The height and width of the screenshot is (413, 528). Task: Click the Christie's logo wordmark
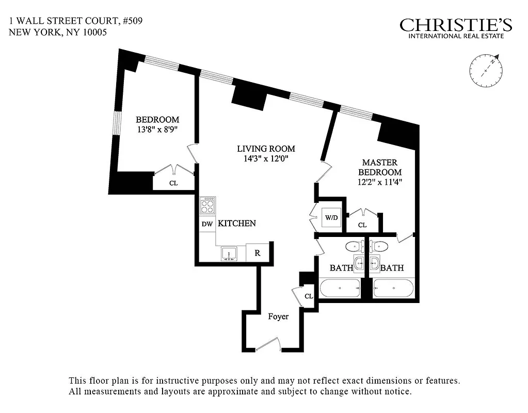click(x=456, y=25)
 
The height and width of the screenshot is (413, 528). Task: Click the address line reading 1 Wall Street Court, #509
click(x=75, y=21)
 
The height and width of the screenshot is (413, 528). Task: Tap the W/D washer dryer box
click(x=331, y=217)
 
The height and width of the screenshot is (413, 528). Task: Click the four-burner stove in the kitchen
click(x=208, y=206)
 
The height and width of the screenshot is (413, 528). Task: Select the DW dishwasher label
click(x=207, y=224)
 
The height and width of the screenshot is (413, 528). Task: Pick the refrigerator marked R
click(x=257, y=253)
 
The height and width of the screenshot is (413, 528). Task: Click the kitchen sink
click(x=229, y=253)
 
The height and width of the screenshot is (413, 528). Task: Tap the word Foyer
click(x=278, y=316)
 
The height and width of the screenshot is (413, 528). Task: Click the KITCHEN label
click(x=236, y=224)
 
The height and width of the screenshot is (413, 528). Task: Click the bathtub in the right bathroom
click(x=394, y=288)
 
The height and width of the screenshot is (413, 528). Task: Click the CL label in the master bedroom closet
click(x=362, y=225)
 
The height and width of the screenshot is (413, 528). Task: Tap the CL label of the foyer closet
click(x=309, y=296)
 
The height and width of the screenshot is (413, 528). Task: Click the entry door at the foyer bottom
click(x=268, y=345)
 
